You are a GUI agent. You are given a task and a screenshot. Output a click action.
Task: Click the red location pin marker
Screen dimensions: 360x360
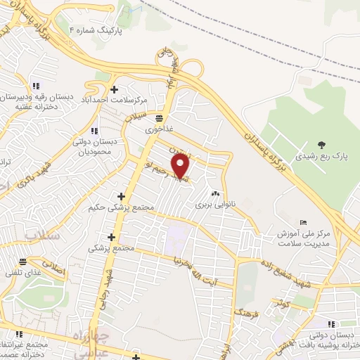[181, 167]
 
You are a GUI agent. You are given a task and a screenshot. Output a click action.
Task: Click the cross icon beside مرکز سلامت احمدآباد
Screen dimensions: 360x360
[114, 89]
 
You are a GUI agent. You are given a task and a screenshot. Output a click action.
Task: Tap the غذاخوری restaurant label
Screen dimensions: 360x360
[157, 130]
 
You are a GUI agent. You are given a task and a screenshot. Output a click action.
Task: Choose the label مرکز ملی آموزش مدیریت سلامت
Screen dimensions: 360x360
[304, 238]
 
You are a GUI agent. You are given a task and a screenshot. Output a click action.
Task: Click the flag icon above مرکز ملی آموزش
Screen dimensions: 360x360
[302, 221]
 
